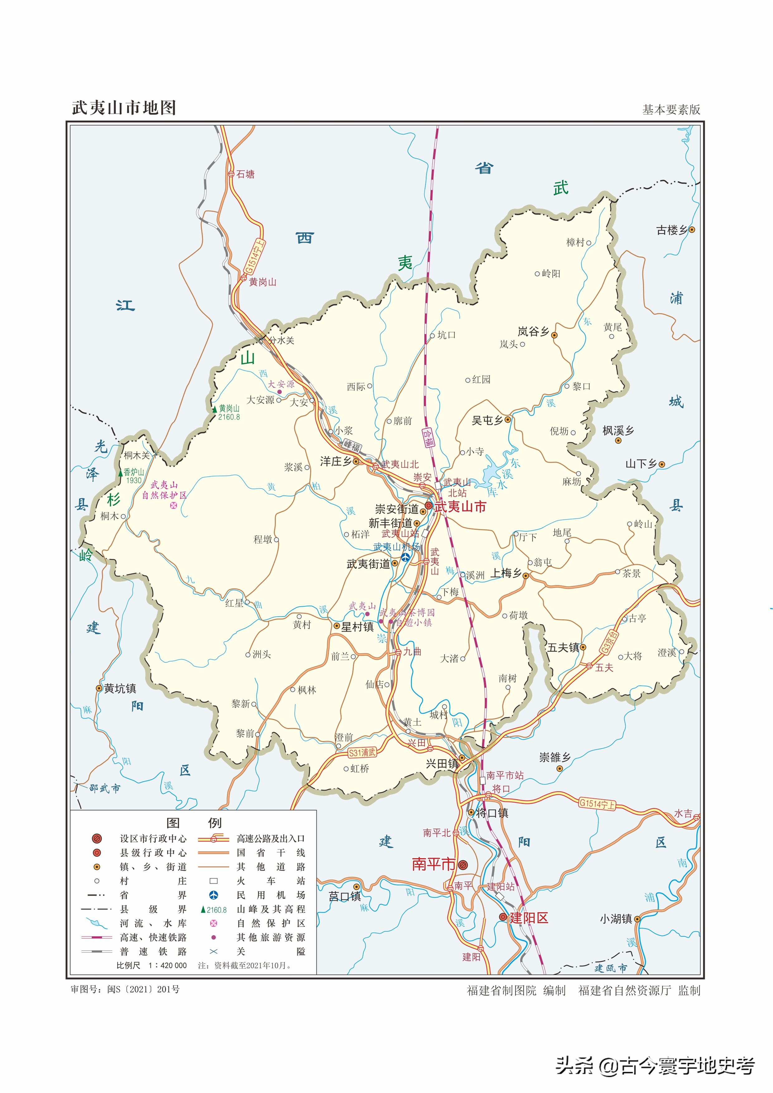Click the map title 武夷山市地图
[124, 108]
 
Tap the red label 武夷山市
[460, 507]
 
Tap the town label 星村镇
[357, 627]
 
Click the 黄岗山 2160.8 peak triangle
[215, 409]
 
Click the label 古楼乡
[672, 230]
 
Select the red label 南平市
[434, 864]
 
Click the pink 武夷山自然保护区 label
[164, 490]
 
